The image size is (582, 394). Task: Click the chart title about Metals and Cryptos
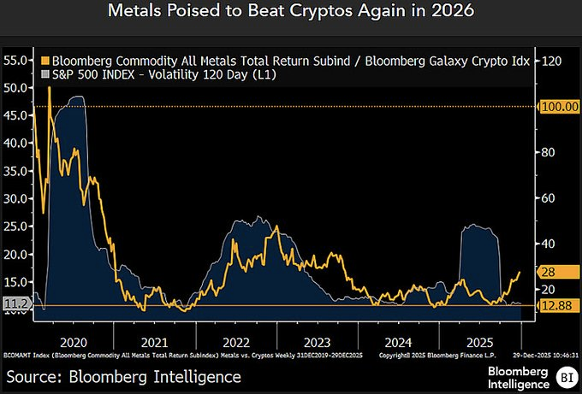point(290,14)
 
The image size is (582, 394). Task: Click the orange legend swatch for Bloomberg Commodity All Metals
point(45,62)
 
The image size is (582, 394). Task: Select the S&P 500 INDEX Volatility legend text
point(163,76)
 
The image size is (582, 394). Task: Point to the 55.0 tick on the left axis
point(15,61)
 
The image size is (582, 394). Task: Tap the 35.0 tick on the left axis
point(15,171)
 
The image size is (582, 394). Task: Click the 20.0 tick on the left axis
point(15,254)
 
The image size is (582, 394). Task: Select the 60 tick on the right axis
point(548,198)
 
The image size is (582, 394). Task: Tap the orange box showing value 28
point(549,272)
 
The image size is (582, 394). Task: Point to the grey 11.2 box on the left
point(15,303)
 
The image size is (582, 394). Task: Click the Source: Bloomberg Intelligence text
point(124,376)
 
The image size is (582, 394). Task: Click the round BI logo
point(565,376)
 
